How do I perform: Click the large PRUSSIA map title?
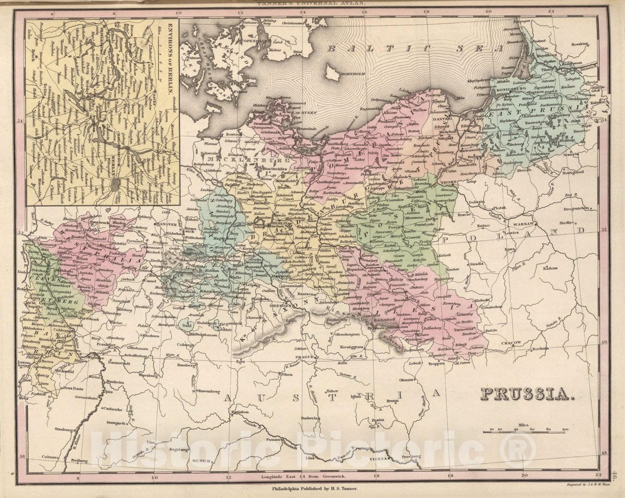(x=527, y=394)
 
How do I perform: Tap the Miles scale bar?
(x=523, y=431)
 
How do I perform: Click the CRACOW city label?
(x=512, y=343)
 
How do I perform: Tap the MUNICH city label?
(x=201, y=461)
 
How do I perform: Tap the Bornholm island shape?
(x=332, y=73)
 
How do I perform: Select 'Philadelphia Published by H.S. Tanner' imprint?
(x=315, y=489)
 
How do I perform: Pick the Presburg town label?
(x=411, y=456)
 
